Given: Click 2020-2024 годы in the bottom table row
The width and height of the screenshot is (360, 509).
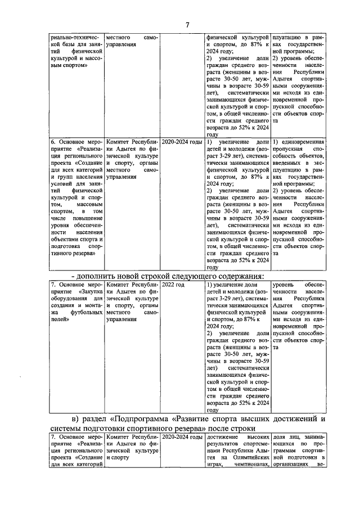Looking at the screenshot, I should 182,436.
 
